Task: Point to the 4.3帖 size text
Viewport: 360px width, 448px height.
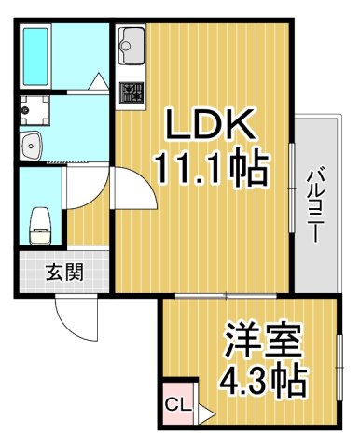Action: (266, 381)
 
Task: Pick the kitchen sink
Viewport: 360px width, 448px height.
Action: (131, 42)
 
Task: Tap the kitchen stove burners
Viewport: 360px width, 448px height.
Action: (130, 92)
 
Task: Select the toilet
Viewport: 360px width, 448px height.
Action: (39, 221)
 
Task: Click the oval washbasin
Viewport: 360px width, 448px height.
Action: (34, 146)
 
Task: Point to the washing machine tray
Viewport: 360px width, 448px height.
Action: (35, 110)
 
